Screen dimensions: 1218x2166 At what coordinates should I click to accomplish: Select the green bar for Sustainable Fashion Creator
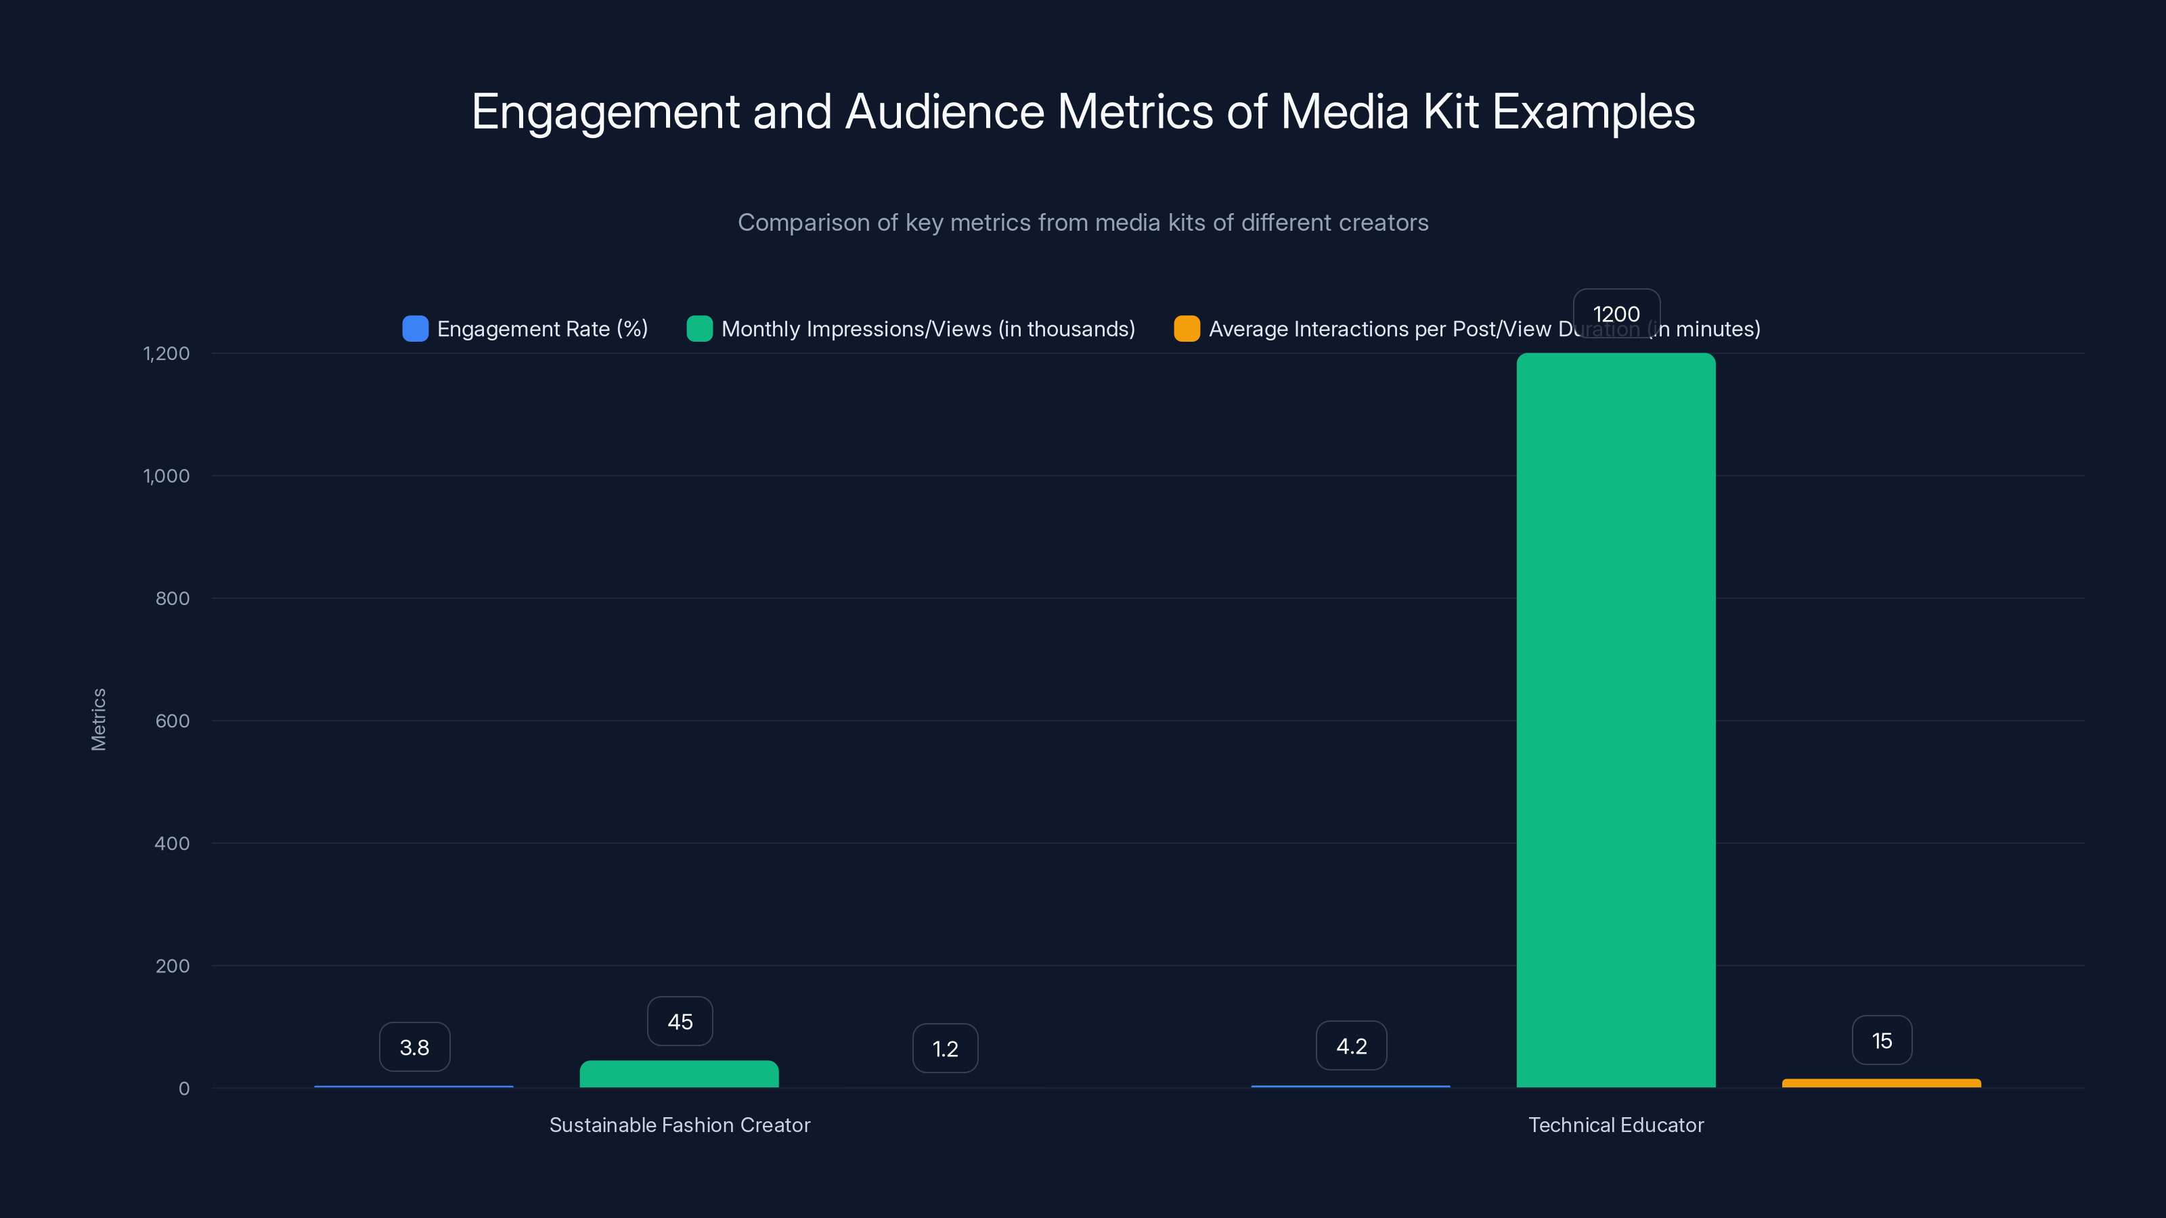point(678,1075)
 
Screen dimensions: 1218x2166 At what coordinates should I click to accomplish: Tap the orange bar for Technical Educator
point(1881,1083)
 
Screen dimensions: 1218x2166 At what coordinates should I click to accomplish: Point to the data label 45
point(680,1021)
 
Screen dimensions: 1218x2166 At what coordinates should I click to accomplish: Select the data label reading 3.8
point(414,1047)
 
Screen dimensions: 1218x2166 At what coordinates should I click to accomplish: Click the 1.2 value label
point(945,1048)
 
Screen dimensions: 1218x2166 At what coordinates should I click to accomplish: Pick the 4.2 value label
point(1350,1045)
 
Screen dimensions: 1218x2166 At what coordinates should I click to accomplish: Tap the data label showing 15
point(1882,1041)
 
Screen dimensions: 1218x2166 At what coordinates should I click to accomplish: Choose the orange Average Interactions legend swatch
point(1187,329)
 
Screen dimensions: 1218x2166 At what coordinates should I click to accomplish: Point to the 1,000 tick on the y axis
point(167,476)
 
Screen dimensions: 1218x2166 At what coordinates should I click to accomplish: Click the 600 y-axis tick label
point(173,721)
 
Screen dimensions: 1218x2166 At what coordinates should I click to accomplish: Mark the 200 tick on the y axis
point(173,966)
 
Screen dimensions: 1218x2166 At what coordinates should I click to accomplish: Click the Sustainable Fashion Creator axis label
point(680,1125)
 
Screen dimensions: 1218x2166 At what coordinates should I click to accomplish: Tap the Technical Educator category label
point(1615,1125)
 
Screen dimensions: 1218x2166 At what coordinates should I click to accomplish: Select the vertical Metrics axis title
point(98,719)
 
